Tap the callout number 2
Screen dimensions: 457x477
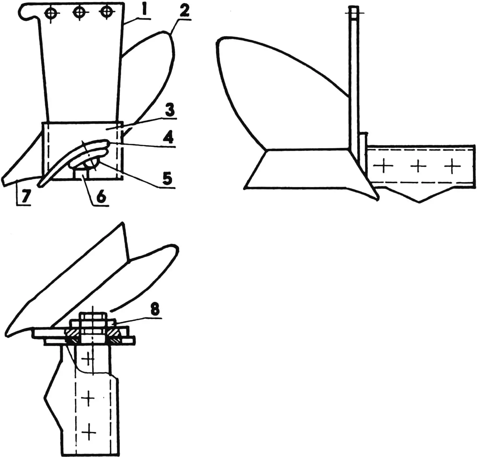(x=184, y=11)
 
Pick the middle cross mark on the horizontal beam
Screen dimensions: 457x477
(x=418, y=167)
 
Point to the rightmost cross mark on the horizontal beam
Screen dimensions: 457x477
(x=453, y=166)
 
